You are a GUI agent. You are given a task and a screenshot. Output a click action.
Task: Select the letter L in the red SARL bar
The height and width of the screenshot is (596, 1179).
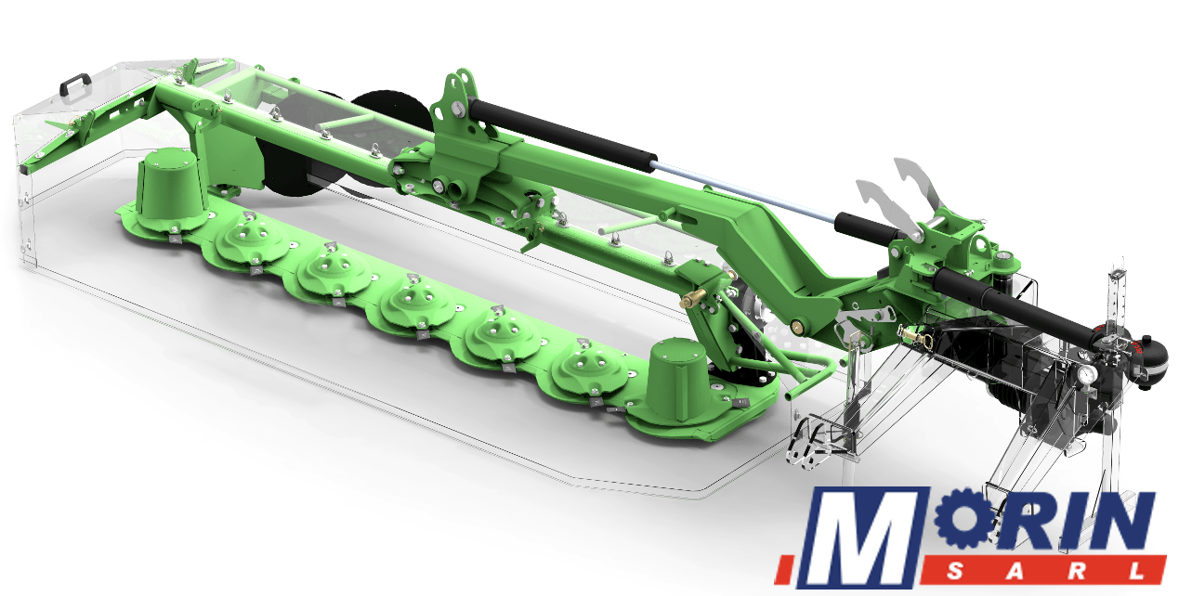(x=1138, y=571)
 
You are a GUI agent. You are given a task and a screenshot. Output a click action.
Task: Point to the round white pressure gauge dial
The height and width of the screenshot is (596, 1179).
(x=1086, y=375)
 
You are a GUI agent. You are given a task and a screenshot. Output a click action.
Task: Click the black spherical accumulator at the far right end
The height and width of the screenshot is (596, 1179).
(x=1152, y=360)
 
